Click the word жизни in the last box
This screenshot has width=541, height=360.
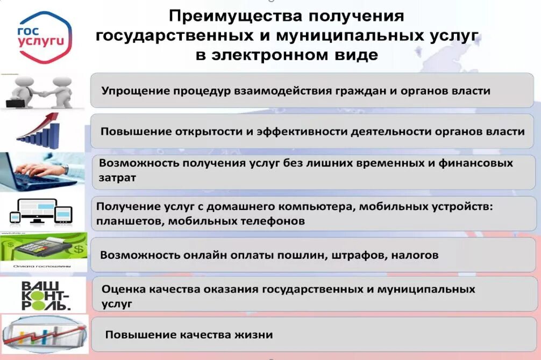click(252, 335)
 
